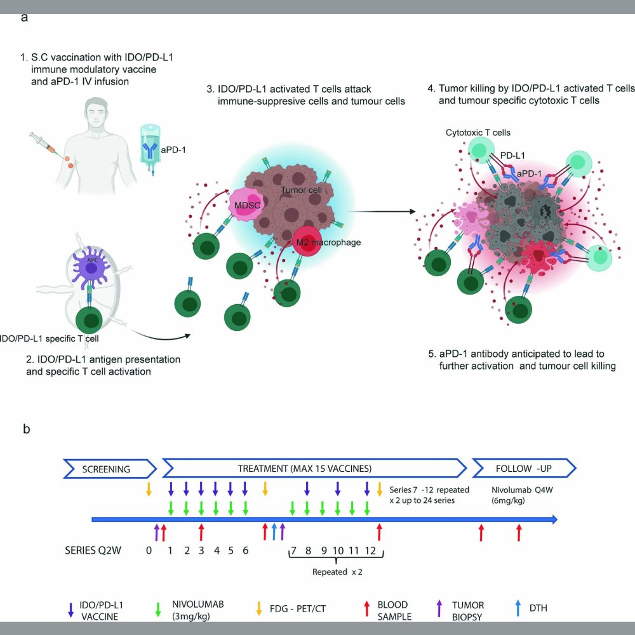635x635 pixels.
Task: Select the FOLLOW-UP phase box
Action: (x=523, y=469)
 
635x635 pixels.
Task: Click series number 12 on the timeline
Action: (x=371, y=550)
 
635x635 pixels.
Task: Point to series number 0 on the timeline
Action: (x=149, y=550)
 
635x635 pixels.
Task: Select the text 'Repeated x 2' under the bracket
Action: (x=338, y=571)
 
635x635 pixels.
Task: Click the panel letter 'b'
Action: (x=26, y=429)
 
